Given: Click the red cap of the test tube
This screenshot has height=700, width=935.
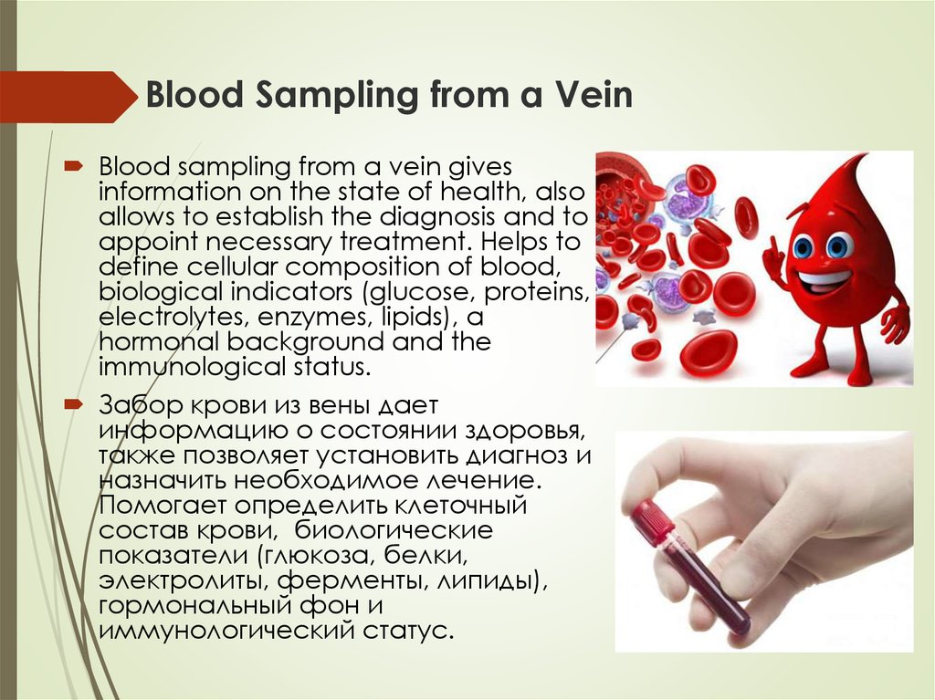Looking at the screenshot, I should point(650,521).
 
